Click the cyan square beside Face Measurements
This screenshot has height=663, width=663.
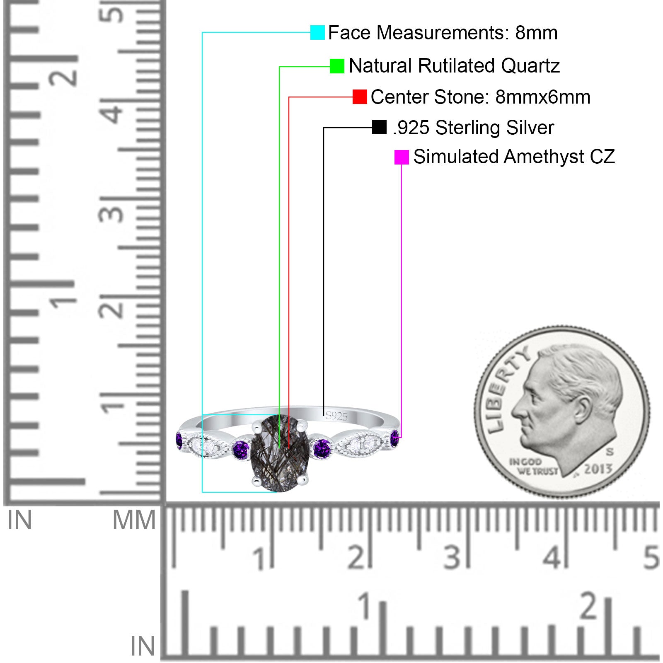[317, 32]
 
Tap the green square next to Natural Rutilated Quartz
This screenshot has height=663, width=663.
[337, 66]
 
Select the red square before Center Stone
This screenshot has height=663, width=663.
[360, 97]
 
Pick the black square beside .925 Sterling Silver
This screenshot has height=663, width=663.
[379, 127]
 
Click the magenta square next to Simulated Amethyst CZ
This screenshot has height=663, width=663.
[402, 157]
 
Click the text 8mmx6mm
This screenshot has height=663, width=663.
[543, 97]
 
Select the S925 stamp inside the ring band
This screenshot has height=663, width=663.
[336, 416]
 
